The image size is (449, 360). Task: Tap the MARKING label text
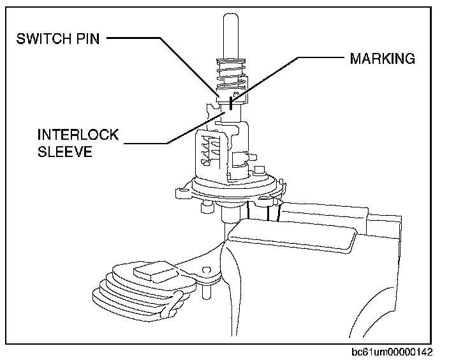click(382, 59)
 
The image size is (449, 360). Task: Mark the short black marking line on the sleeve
click(233, 102)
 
